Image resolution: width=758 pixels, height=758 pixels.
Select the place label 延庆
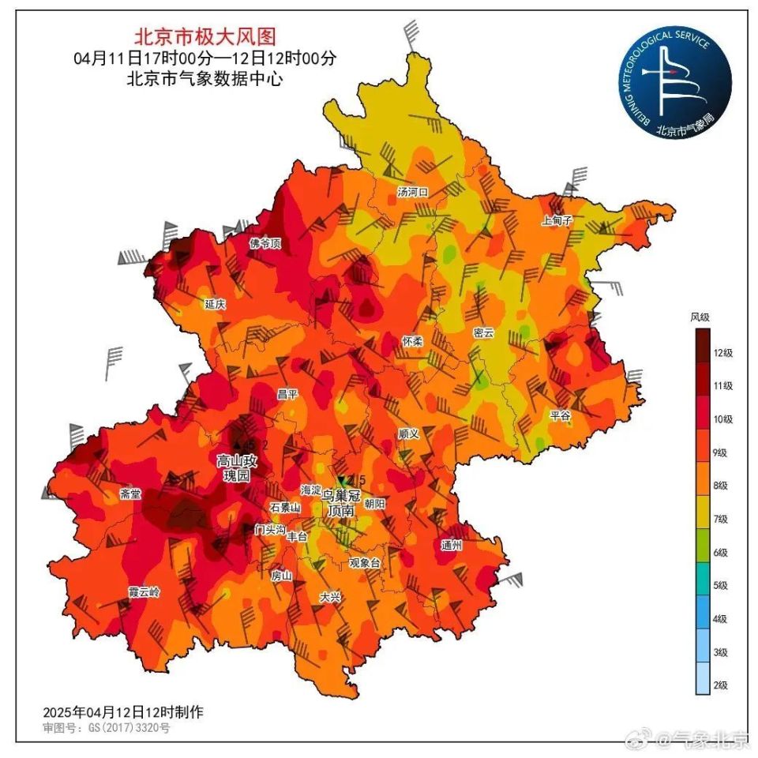pos(216,304)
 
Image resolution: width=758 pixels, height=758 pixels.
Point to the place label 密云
pos(483,333)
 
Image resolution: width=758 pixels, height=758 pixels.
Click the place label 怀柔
pos(413,340)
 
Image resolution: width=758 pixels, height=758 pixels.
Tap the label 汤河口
pos(412,192)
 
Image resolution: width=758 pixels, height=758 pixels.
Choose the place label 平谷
pos(561,415)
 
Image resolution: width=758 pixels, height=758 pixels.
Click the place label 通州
pos(451,545)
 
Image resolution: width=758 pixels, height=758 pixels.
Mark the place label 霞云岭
pos(144,591)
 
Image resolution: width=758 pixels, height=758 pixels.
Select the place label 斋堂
pos(130,494)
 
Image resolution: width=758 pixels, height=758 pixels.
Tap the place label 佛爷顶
pos(265,243)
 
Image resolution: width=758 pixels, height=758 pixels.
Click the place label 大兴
pos(330,598)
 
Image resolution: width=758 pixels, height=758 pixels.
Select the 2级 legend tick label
pos(720,685)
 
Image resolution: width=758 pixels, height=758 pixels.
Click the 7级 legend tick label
pos(720,519)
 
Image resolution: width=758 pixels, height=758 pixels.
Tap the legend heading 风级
pos(700,317)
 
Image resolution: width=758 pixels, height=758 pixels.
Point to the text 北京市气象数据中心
pos(205,79)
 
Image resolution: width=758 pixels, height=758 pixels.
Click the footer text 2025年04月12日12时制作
pos(123,711)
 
